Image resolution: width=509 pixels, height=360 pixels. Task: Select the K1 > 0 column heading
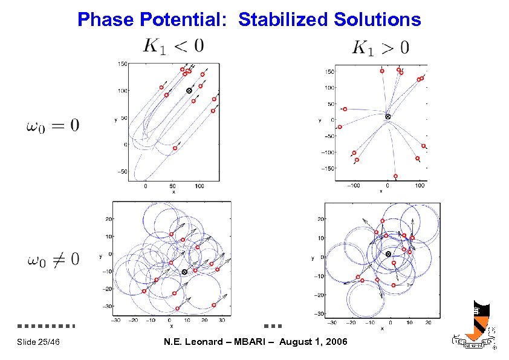click(380, 47)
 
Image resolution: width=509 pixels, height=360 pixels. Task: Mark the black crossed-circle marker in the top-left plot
click(189, 91)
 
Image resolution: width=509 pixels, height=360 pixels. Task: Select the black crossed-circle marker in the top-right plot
click(388, 116)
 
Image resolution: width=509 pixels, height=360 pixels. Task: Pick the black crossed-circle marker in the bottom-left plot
click(184, 272)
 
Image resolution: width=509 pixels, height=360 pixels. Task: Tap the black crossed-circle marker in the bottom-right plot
click(388, 254)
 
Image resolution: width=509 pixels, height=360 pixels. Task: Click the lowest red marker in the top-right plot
click(395, 176)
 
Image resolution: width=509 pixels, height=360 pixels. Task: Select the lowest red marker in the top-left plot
click(175, 148)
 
